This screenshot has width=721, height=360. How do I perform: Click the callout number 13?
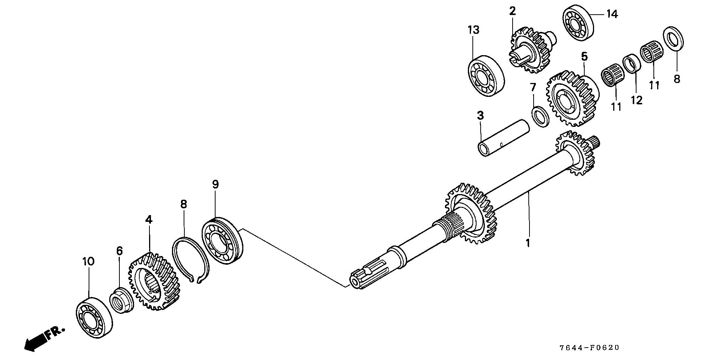tap(473, 30)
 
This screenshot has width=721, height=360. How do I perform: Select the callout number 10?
tap(88, 262)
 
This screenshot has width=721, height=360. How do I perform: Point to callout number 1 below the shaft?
tap(528, 243)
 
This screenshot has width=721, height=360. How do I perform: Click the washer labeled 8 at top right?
tap(674, 38)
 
